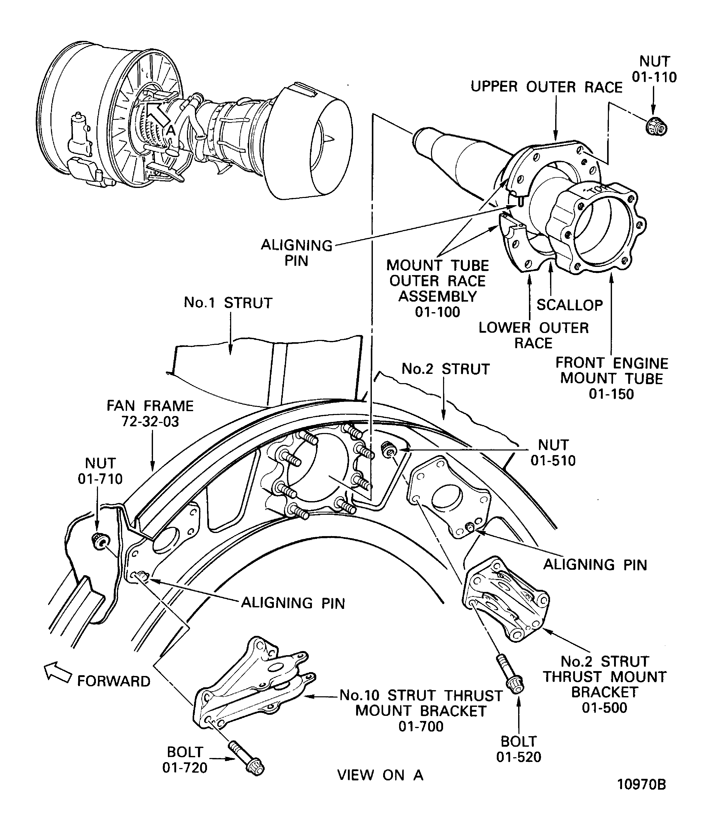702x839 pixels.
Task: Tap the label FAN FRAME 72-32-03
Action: coord(150,413)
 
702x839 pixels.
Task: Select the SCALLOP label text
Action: coord(569,305)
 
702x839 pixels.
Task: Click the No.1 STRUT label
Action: coord(228,303)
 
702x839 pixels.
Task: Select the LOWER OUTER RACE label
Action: coord(533,335)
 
